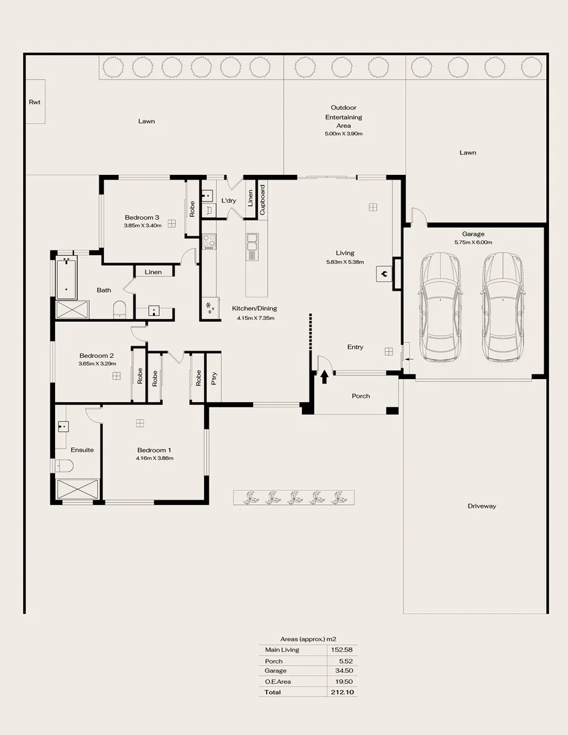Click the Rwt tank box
[35, 101]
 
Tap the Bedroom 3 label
[141, 217]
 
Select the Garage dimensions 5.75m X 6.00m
[473, 242]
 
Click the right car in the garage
[503, 308]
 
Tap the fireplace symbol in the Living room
[385, 274]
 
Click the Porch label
[361, 395]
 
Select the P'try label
[214, 378]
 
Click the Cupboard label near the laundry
[263, 201]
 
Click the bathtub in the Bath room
[66, 278]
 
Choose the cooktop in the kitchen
[209, 242]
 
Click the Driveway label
[482, 506]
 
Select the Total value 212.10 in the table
[344, 692]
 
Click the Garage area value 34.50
[344, 671]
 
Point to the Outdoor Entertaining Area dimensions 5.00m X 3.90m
[344, 134]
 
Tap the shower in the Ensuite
[77, 490]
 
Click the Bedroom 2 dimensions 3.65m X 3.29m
[97, 364]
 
